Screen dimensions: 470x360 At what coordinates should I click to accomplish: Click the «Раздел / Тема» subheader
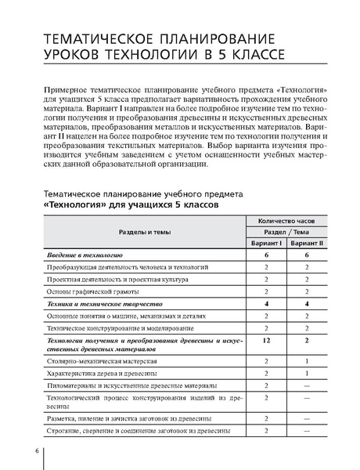click(286, 232)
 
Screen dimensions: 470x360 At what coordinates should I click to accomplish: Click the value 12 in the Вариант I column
click(267, 341)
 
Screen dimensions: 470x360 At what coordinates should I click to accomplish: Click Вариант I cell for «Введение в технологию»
click(267, 255)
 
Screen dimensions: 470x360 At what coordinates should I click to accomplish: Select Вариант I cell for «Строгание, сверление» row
click(267, 431)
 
